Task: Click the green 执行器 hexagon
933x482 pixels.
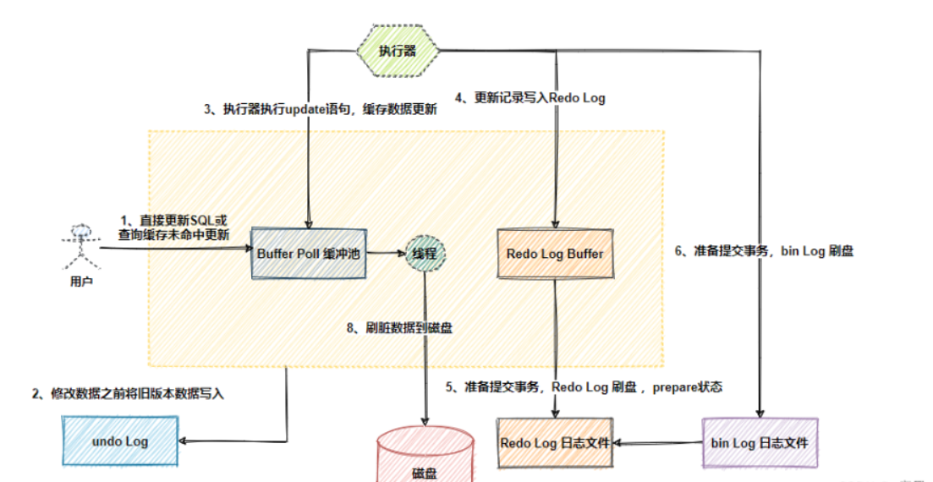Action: click(398, 51)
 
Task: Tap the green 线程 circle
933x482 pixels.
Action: click(425, 252)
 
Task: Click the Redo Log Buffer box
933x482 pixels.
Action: click(554, 253)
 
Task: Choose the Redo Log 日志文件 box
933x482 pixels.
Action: click(554, 442)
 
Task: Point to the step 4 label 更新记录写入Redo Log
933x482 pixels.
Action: click(530, 98)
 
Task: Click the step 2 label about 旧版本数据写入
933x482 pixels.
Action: click(128, 393)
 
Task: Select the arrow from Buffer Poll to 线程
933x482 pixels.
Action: click(387, 252)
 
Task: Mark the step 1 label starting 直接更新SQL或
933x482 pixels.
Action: click(174, 226)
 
